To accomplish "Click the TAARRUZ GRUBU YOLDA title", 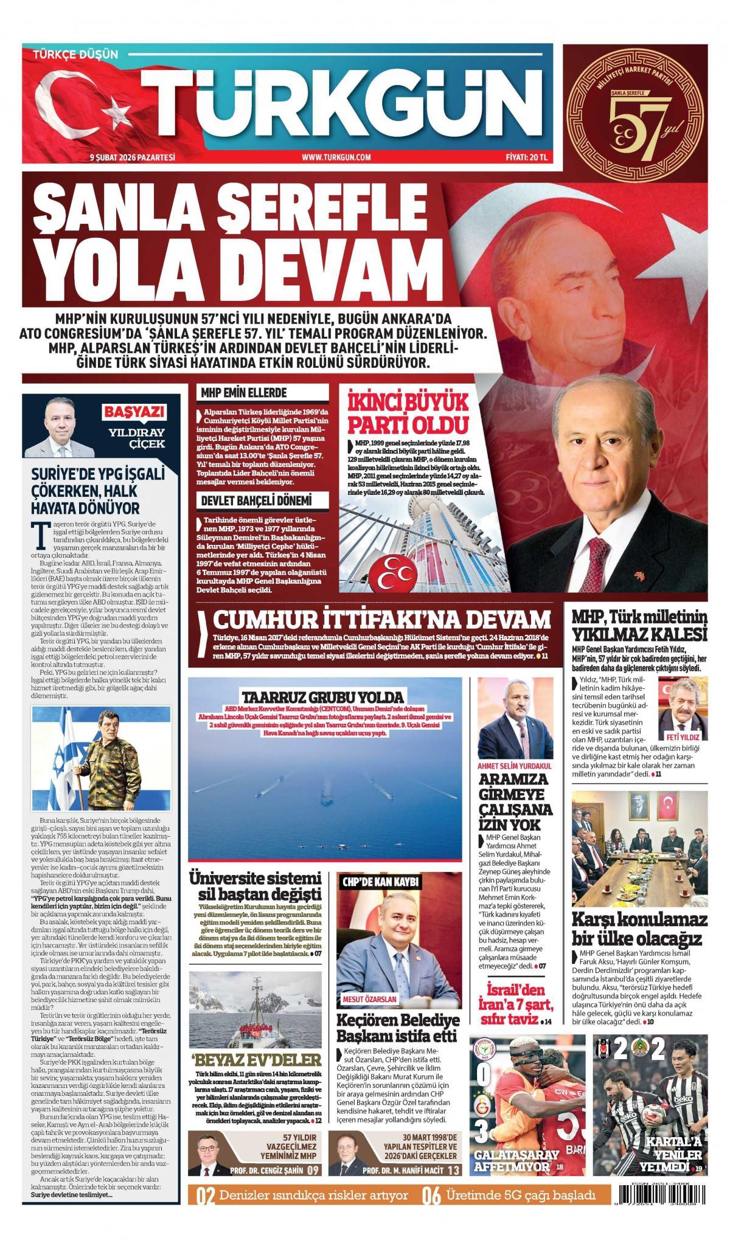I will (x=322, y=697).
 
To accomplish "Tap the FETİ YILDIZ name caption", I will (x=685, y=736).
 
